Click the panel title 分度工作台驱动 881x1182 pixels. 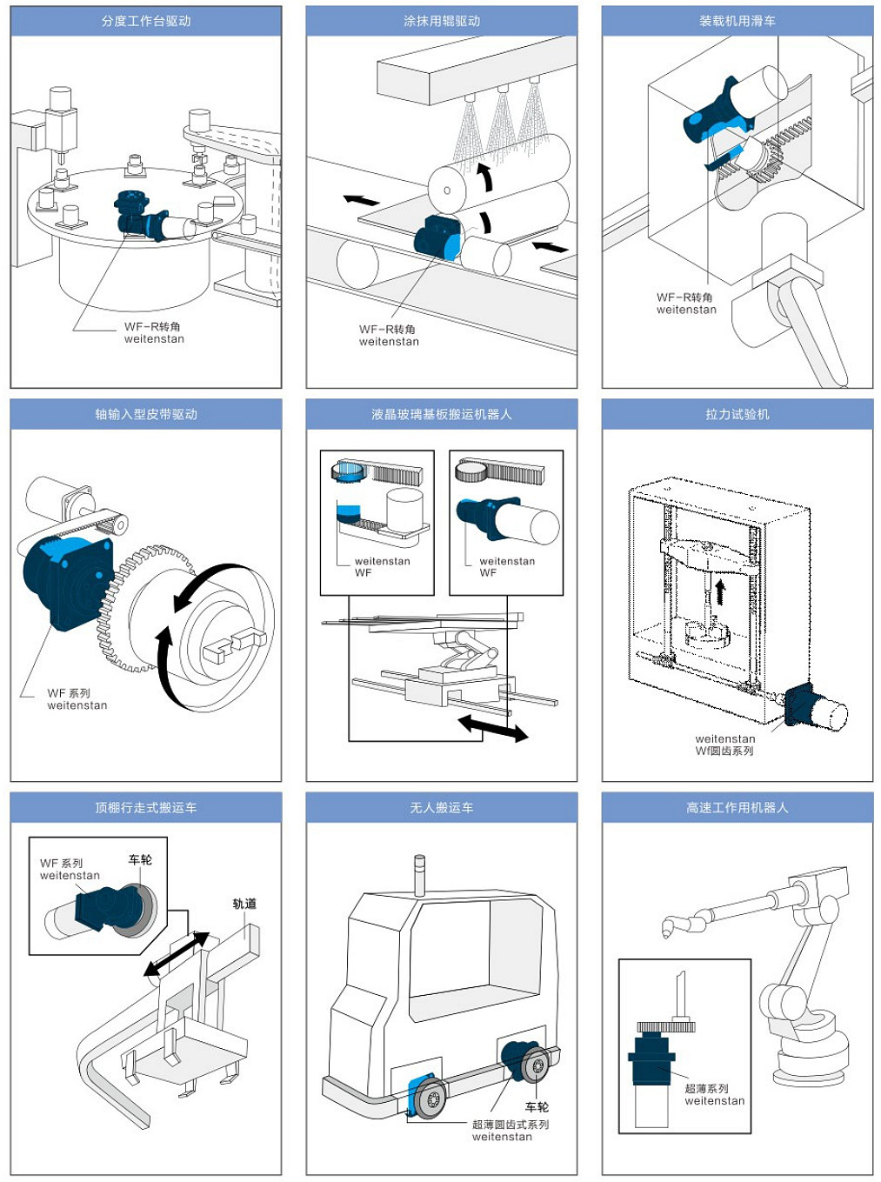(146, 21)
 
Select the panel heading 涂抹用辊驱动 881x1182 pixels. (441, 21)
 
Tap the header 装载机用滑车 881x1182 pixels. (737, 21)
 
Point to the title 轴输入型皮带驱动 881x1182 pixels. (146, 414)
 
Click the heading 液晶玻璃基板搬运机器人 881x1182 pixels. (441, 414)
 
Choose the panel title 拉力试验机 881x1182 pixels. (737, 414)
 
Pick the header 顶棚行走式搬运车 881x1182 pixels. (146, 807)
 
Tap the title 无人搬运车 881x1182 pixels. (441, 807)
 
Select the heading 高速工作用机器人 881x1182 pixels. (737, 807)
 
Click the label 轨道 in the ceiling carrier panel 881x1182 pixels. (244, 904)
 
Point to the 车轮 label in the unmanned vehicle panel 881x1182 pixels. (537, 1107)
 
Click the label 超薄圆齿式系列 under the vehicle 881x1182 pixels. (511, 1124)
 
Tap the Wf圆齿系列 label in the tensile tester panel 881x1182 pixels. (724, 751)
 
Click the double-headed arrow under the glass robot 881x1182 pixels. (492, 728)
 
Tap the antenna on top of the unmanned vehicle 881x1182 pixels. (419, 875)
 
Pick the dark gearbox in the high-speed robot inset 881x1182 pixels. (651, 1060)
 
